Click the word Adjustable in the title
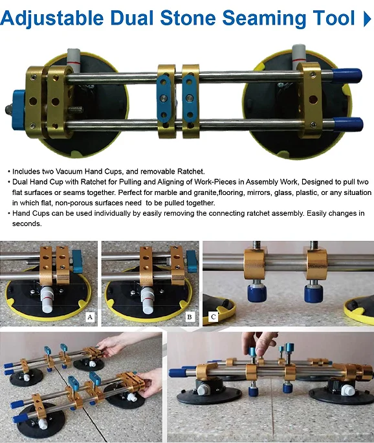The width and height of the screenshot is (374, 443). click(52, 18)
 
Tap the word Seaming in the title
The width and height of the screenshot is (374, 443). click(264, 18)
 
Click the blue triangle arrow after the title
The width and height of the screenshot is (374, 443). click(368, 19)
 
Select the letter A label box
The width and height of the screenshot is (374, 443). click(90, 317)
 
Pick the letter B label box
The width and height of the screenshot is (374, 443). click(190, 317)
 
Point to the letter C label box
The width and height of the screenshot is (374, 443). click(213, 317)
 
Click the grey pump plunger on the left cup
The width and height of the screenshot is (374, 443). click(74, 61)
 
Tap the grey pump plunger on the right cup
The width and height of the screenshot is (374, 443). click(299, 58)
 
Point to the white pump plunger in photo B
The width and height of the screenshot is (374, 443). click(148, 301)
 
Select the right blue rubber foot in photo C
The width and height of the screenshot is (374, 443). click(314, 293)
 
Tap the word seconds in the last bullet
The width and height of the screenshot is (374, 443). click(27, 223)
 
